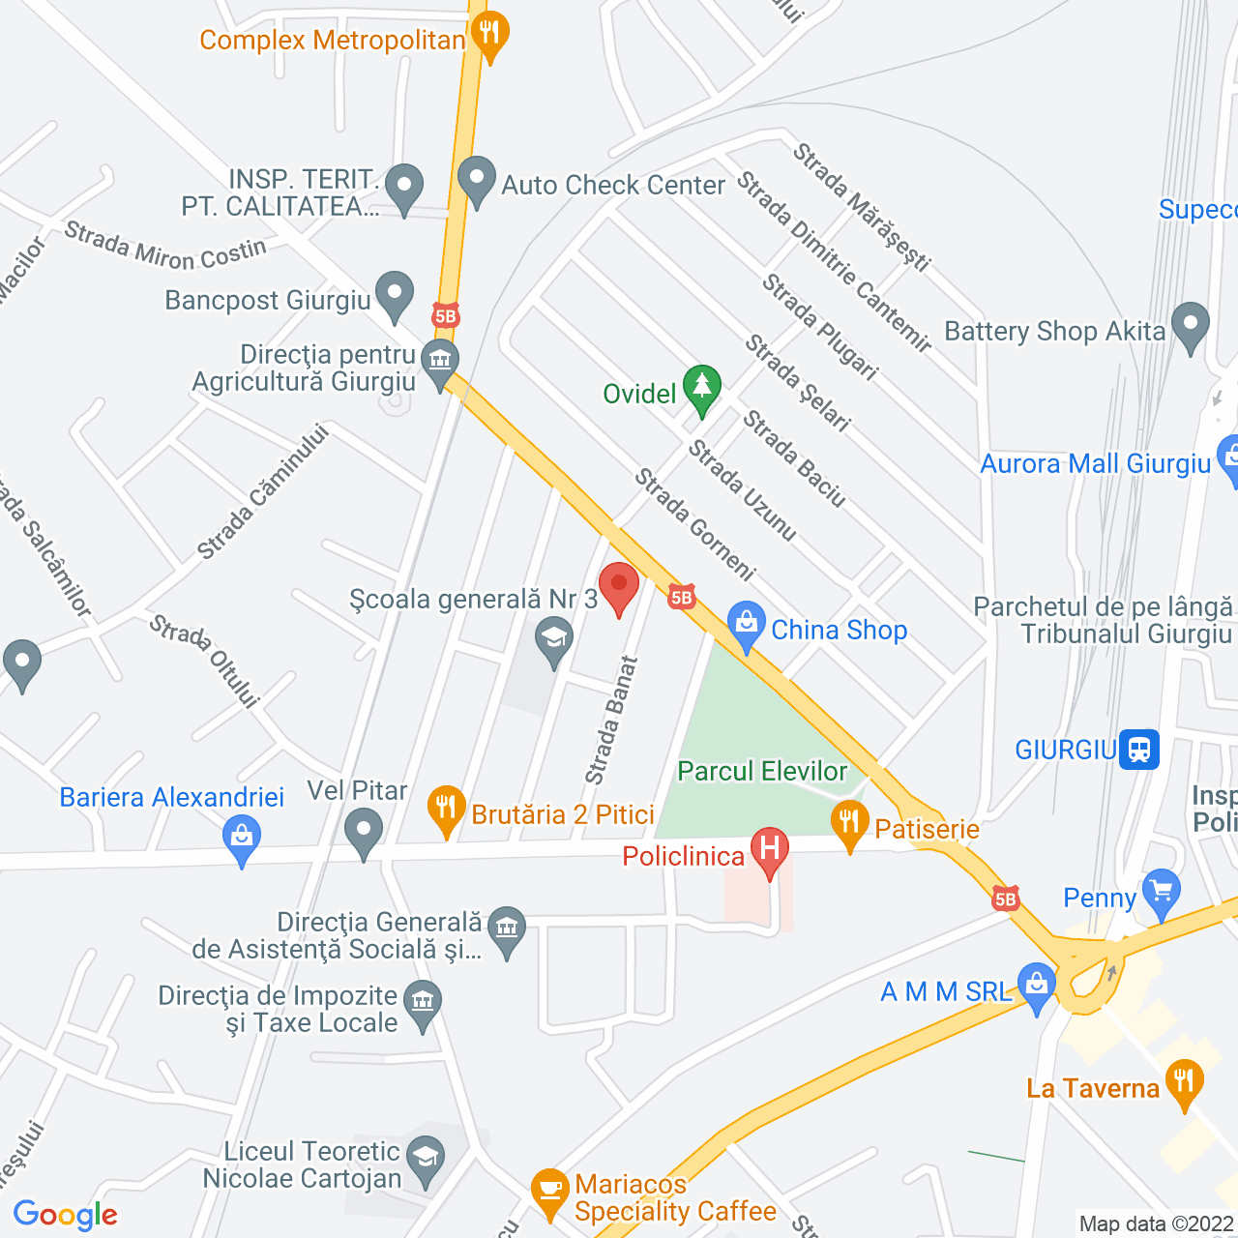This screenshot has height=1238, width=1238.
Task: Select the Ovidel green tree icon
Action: coord(702,389)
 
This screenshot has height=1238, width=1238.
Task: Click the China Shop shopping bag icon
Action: coord(747,626)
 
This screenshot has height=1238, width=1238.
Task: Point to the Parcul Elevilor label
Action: coord(762,771)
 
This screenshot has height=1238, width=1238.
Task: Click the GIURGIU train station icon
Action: coord(1139,750)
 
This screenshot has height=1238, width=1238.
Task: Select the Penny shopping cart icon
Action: coord(1161,893)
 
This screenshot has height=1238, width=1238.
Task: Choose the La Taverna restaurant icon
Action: coord(1184,1082)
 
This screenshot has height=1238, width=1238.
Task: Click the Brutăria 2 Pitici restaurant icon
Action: coord(446,809)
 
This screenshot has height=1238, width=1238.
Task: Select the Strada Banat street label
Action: coord(611,721)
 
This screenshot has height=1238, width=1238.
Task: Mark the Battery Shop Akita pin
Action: coord(1191,326)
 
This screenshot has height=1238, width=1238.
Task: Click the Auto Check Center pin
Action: coord(476,179)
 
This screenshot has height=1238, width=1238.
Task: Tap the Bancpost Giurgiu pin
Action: coord(394,294)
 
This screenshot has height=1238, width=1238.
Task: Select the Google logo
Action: coord(65,1215)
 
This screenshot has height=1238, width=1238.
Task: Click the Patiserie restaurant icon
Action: coord(849,824)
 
